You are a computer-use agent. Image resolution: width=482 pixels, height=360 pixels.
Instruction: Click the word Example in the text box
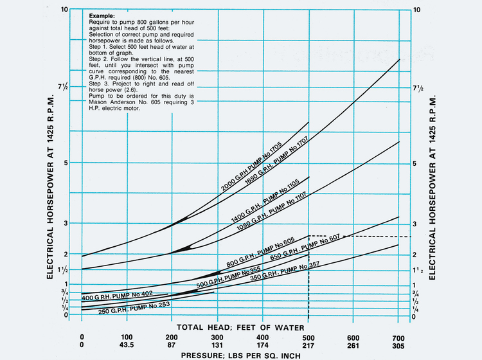tap(101, 15)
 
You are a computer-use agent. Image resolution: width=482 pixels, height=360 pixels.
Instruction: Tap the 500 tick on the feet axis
tap(309, 337)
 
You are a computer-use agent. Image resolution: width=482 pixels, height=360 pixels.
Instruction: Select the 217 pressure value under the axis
tap(309, 345)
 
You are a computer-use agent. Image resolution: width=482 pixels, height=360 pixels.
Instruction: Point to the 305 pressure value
tap(398, 345)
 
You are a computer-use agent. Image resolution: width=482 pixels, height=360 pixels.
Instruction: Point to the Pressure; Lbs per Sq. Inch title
tap(240, 354)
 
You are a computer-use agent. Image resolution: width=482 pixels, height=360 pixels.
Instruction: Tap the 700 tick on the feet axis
tap(398, 337)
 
